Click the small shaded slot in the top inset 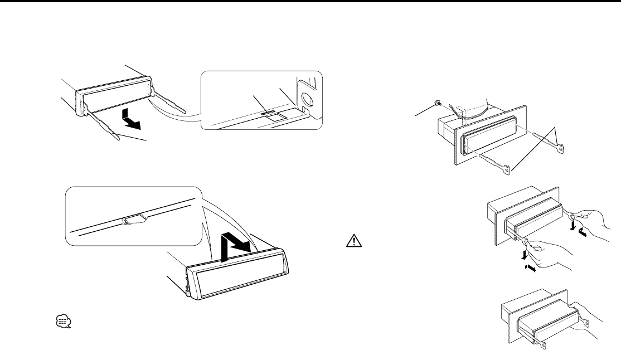(x=269, y=113)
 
